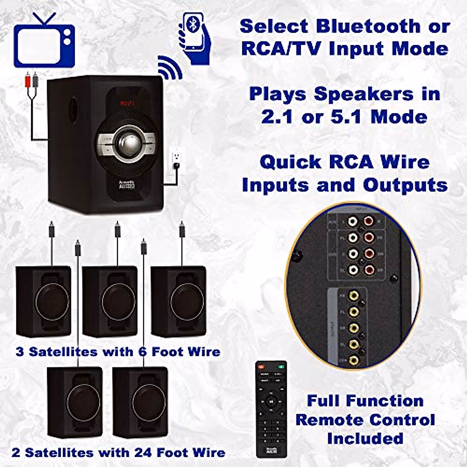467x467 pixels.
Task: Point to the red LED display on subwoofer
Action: coord(127,104)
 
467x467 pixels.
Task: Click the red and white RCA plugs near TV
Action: coord(32,81)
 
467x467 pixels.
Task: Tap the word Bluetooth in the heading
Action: coord(368,26)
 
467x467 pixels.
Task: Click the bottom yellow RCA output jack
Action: coord(353,360)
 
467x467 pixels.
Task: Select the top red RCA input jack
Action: coord(369,222)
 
